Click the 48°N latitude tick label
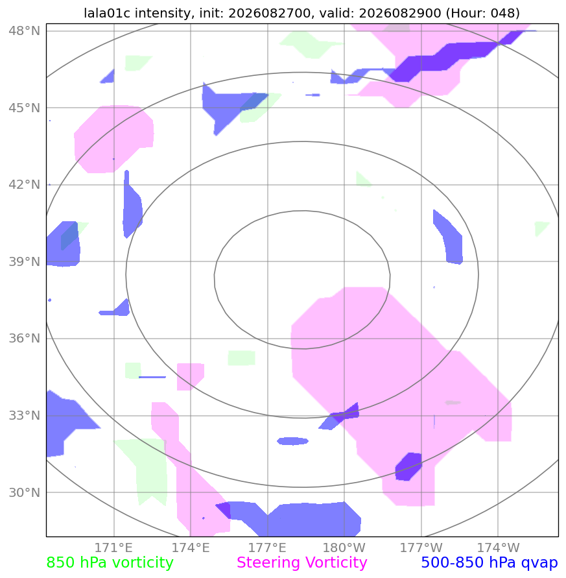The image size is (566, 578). [x=25, y=30]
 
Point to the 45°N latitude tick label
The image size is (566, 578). [x=25, y=108]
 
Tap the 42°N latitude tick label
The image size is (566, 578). [x=25, y=184]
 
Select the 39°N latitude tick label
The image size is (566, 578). [x=25, y=261]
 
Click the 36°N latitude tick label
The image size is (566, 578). [x=25, y=338]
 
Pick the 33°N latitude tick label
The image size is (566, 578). [x=25, y=415]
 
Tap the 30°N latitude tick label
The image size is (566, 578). [x=25, y=492]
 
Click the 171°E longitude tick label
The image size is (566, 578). [x=113, y=548]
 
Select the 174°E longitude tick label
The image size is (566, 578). [x=191, y=548]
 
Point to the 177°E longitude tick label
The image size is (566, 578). [x=267, y=548]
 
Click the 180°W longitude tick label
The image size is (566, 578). [x=344, y=548]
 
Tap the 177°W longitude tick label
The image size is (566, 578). [x=421, y=548]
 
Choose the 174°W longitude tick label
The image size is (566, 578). [x=498, y=548]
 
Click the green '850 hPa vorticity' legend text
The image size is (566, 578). [x=110, y=562]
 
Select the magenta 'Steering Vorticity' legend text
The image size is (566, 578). [x=301, y=562]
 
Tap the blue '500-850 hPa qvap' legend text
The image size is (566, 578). [x=489, y=562]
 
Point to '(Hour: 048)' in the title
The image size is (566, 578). [x=483, y=13]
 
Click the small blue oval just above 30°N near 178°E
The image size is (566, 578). [x=292, y=441]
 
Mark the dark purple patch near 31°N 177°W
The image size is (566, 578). [x=408, y=466]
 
